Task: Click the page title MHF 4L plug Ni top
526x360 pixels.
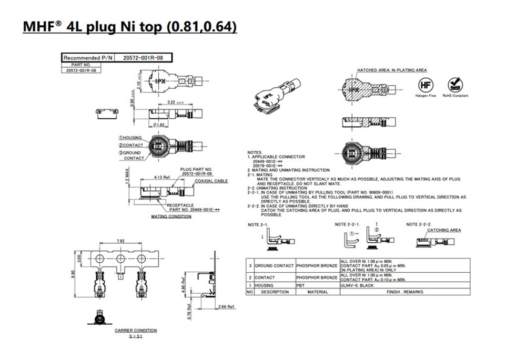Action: [x=129, y=26]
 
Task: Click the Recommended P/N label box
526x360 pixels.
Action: [x=87, y=57]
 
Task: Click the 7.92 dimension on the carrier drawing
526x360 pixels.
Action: [x=120, y=242]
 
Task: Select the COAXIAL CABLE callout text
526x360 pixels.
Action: [x=211, y=181]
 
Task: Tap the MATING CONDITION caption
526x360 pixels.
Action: [x=171, y=217]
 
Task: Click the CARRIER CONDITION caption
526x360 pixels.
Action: [x=136, y=330]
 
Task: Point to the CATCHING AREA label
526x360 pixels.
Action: [x=444, y=230]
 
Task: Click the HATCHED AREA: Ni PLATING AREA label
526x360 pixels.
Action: [x=392, y=70]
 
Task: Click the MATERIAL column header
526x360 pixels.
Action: [x=317, y=292]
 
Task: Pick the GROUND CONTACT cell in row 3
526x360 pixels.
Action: [x=274, y=265]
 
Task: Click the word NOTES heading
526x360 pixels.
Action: [x=254, y=152]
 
